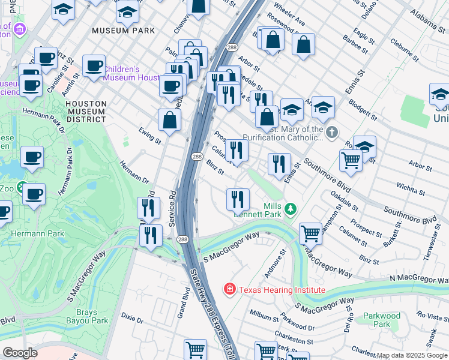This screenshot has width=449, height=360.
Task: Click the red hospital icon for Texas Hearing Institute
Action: coord(229,290)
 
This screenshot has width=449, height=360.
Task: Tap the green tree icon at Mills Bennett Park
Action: coord(291,208)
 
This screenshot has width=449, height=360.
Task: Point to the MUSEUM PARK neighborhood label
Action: coord(123,30)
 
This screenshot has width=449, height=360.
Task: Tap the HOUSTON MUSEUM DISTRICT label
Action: coord(86,112)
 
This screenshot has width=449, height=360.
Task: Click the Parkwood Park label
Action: coord(382,320)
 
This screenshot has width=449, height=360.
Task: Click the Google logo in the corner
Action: coord(20,352)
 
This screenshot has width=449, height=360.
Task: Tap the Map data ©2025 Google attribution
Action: coord(411,355)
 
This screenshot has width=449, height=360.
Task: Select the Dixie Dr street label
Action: coord(131,317)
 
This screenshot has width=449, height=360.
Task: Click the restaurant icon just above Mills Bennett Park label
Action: coord(238,199)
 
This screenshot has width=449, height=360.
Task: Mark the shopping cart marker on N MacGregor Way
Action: coord(310,232)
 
